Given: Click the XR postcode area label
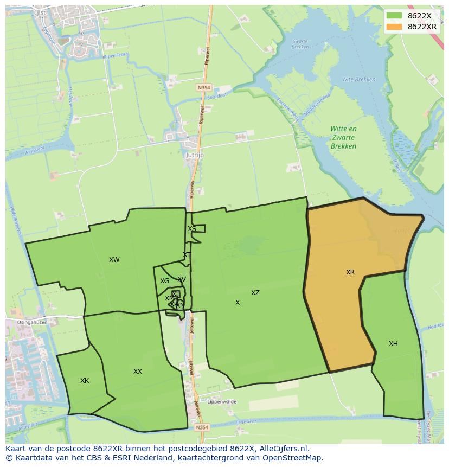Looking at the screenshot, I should pos(350,272).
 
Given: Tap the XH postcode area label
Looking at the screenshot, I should pos(393,343).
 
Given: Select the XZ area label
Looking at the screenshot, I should pos(255,292).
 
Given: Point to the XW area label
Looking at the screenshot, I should pos(114,259).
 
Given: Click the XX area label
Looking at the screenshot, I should pos(138,371).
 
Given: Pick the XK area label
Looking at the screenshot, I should pos(85,380).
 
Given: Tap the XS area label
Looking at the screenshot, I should pos(192,228).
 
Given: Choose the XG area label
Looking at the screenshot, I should pos(164,280).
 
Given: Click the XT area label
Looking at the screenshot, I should pos(187,254).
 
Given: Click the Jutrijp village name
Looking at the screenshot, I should pos(194,155).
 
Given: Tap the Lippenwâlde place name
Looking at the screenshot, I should pos(220,401).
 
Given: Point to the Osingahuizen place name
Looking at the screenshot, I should pos(32,322).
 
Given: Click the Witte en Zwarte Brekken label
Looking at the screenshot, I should pos(344,137).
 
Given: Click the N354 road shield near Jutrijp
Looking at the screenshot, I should pos(203,86).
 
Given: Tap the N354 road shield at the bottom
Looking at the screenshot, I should pos(202,427).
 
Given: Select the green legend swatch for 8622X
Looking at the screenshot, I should pos(394,16).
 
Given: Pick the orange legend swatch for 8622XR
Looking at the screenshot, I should pos(394,27).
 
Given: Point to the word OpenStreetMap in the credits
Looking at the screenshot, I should pos(293,458).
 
